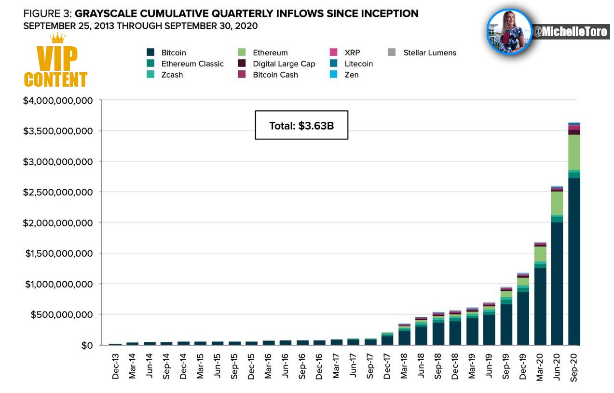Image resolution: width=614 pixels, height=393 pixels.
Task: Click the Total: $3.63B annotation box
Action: [x=301, y=125]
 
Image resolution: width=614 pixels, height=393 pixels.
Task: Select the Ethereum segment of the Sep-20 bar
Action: [x=574, y=152]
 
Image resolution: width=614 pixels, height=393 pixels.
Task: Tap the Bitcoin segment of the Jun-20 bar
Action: [x=557, y=284]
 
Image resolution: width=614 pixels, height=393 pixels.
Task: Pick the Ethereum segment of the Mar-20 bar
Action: [x=540, y=254]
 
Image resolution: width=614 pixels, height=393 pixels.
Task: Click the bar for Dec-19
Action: [x=523, y=309]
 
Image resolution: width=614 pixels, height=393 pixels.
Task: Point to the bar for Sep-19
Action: [x=506, y=316]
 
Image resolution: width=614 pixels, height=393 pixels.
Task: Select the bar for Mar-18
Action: [x=404, y=334]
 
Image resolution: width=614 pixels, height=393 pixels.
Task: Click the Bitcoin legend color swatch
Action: [x=150, y=52]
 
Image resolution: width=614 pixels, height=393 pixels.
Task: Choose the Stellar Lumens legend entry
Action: [x=422, y=52]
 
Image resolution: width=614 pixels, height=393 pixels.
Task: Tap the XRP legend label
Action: [x=352, y=52]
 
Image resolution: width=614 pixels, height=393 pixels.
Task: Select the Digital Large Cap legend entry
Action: [x=276, y=64]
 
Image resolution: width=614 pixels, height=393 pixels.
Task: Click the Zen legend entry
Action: [x=344, y=75]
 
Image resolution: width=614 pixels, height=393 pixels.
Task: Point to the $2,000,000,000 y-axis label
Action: [x=58, y=223]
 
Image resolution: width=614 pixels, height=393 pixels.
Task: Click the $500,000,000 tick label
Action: [x=62, y=314]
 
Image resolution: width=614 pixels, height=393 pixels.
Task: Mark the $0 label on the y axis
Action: [x=87, y=345]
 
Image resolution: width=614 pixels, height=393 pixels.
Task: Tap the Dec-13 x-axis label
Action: [x=116, y=366]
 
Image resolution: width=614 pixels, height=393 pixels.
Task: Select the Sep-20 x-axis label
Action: [x=573, y=367]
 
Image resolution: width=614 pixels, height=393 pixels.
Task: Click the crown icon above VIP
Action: [x=57, y=38]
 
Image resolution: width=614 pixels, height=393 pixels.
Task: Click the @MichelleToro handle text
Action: [x=570, y=32]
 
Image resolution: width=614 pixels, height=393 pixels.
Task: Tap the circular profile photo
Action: [x=509, y=31]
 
